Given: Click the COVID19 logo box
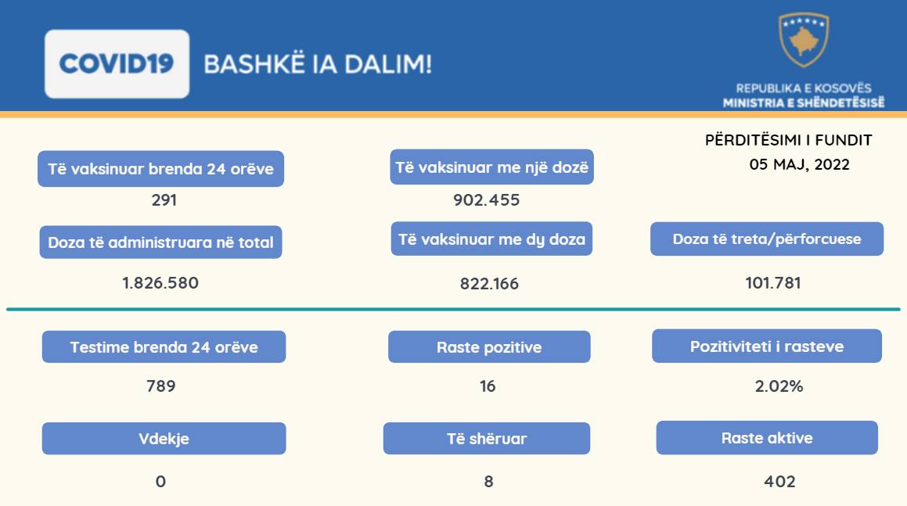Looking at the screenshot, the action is pos(117,63).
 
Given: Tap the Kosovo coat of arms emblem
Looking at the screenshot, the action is pos(804,39).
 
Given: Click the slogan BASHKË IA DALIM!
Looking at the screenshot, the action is pos(318,63).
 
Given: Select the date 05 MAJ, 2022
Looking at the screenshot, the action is pos(800,164).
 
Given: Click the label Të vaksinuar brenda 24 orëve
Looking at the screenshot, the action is pos(160,169).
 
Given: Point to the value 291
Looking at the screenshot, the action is pos(164,200).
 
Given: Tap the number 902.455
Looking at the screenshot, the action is pos(487,200).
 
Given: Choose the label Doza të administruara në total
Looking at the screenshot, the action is pos(160,242).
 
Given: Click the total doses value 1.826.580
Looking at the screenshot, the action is pos(160,283).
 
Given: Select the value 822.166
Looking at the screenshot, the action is pos(489,283).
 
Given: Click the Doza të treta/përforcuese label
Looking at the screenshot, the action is pos(767,239).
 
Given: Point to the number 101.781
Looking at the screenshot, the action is pos(773,283).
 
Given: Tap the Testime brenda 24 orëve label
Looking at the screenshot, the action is pos(164,347).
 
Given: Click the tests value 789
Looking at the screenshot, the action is pos(160,386).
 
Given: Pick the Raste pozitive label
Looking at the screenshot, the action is pos(489,347).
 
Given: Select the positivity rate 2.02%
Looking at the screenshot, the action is pos(779,386).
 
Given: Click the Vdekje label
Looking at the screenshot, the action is pos(164,438).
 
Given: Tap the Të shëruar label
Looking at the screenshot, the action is pos(487,438).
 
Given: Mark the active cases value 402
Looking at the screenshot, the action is pos(779,481).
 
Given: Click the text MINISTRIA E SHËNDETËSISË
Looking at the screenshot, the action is pos(804,103).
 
